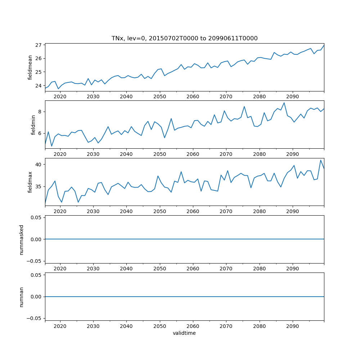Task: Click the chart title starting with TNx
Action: click(x=184, y=39)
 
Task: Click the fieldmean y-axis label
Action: click(x=30, y=67)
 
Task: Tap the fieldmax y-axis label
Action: click(x=30, y=182)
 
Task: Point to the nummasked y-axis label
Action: click(x=22, y=239)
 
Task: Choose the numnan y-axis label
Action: click(x=22, y=297)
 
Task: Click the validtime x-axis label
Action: click(x=184, y=333)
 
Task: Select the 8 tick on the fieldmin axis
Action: click(x=40, y=112)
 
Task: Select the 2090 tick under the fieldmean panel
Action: click(x=292, y=96)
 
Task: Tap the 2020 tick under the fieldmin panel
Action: click(x=60, y=154)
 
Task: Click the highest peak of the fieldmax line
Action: click(x=321, y=160)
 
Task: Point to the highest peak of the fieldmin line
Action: click(x=284, y=103)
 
